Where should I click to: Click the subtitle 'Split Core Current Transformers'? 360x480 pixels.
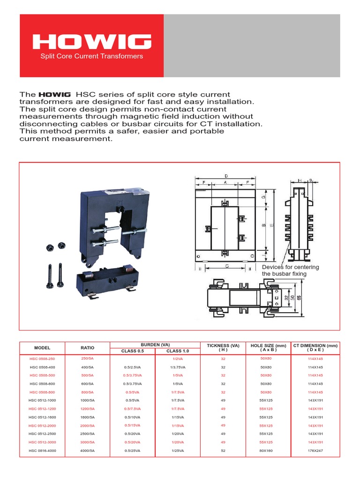[91, 56]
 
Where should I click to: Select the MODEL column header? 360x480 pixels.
[42, 348]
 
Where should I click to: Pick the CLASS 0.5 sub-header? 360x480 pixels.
[132, 351]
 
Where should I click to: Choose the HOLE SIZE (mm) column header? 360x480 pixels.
[269, 348]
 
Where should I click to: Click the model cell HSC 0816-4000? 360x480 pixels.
[42, 450]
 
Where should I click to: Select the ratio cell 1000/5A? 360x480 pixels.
[87, 400]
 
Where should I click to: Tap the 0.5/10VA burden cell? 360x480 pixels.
[132, 417]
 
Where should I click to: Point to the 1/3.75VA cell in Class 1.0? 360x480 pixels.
[178, 367]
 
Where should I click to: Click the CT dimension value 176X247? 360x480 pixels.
[315, 450]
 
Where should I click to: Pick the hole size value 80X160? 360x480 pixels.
[269, 450]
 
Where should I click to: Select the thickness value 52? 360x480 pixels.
[223, 450]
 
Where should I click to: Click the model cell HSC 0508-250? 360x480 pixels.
[42, 359]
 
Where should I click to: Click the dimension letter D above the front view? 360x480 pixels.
[225, 176]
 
